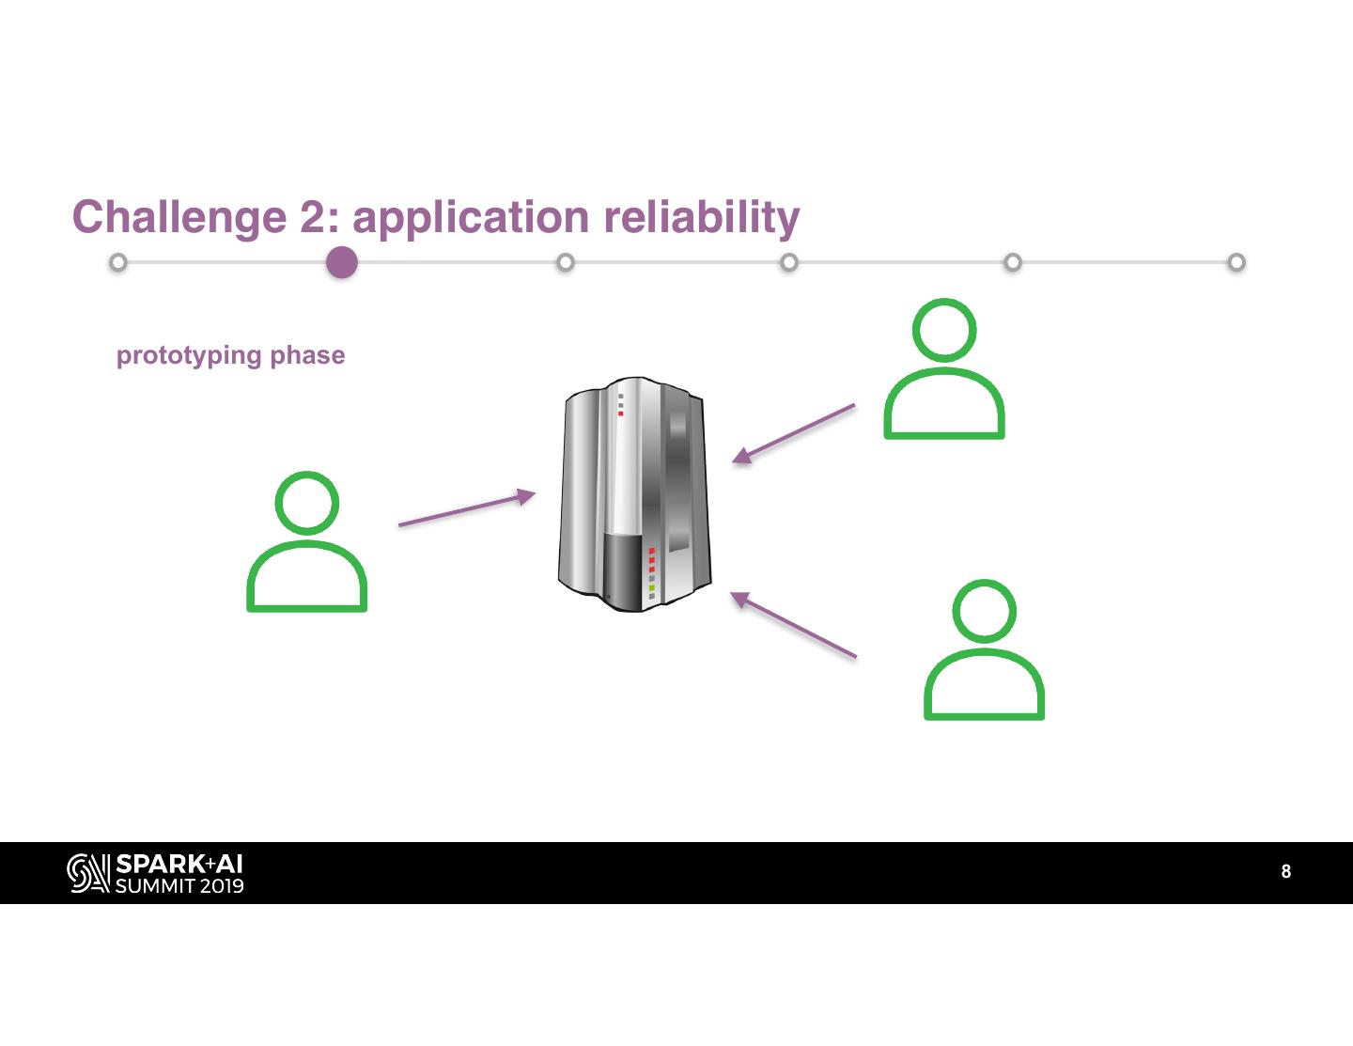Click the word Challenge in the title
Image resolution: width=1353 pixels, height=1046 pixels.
tap(179, 217)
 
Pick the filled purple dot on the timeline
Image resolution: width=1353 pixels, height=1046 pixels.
tap(342, 262)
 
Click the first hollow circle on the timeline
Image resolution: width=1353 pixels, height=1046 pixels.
tap(117, 262)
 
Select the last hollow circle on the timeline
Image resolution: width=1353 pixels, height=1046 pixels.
tap(1236, 262)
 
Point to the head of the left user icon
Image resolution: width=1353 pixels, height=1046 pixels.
tap(307, 503)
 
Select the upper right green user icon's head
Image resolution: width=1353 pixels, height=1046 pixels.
tap(944, 330)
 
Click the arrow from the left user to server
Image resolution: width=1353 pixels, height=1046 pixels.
tap(466, 508)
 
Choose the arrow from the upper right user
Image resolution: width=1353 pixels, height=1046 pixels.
tap(794, 433)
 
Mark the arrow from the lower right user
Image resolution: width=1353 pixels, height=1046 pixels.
tap(794, 624)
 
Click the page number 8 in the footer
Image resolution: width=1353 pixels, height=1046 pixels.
tap(1286, 872)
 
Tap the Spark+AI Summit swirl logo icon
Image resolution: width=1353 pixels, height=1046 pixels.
tap(88, 873)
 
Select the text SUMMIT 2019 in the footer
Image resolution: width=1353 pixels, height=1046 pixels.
tap(179, 885)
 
